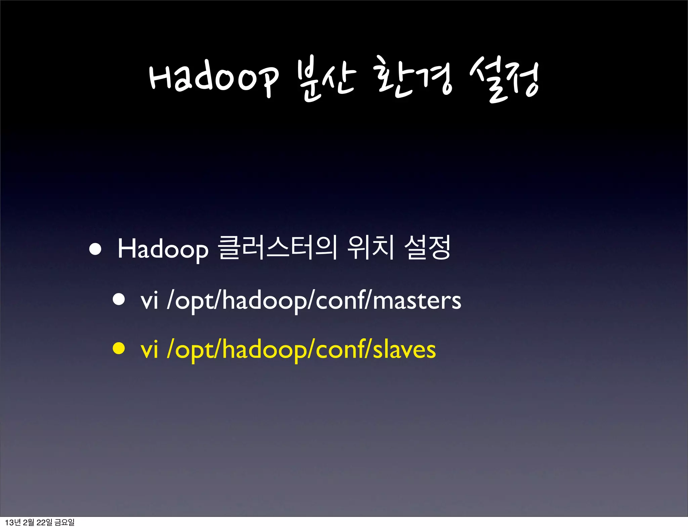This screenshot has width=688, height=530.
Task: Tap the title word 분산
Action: coord(326,79)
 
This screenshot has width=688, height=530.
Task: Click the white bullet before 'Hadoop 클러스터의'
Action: coord(95,249)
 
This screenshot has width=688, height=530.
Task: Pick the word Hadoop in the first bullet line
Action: coord(163,249)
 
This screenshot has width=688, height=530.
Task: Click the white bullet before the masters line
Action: coord(119,299)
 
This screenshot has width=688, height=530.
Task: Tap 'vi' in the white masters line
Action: coord(149,300)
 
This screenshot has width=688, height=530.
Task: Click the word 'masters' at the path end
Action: coord(417,300)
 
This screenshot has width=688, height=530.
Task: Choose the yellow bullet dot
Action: coord(119,349)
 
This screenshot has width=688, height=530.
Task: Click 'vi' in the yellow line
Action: coord(149,350)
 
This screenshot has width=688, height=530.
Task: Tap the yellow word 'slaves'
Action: coord(404,350)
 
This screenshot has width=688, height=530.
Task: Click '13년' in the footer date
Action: coord(13,522)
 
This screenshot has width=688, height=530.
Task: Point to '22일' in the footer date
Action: coord(44,522)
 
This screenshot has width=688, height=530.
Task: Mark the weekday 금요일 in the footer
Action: coord(64,522)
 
